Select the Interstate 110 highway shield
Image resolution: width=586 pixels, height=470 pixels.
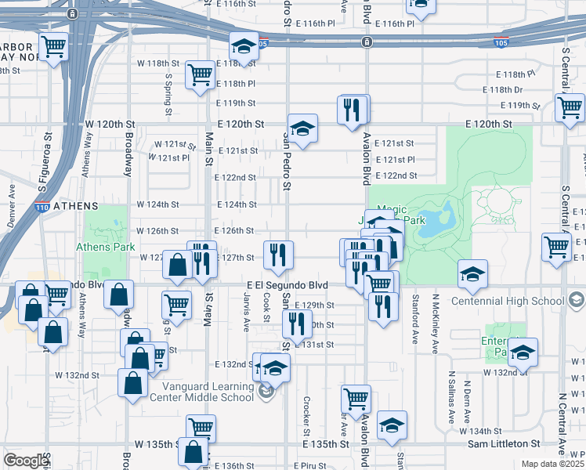click(x=43, y=207)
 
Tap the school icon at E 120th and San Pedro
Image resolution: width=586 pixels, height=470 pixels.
click(x=302, y=128)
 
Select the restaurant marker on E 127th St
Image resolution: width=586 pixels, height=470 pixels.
click(x=278, y=253)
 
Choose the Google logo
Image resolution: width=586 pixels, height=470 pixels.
click(x=26, y=461)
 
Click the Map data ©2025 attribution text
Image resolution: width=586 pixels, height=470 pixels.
click(x=552, y=464)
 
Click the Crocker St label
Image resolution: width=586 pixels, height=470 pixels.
click(x=306, y=416)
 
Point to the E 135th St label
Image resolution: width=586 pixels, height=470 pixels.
click(x=327, y=444)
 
